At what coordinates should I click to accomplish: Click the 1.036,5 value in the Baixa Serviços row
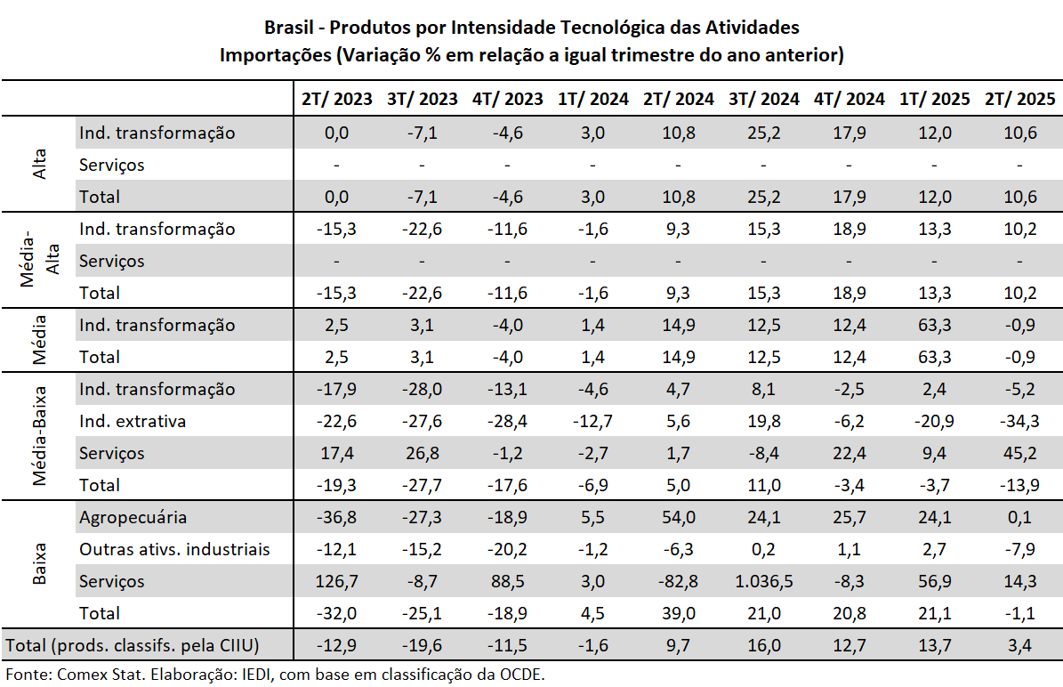[x=763, y=581]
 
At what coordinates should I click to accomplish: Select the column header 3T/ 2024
[x=763, y=99]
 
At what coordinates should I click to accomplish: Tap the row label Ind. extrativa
[x=133, y=421]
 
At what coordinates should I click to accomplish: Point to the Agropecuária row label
[x=133, y=517]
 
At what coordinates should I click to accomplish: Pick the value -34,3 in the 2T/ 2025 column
[x=1019, y=421]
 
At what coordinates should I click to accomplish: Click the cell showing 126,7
[x=336, y=581]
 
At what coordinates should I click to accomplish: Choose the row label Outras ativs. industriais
[x=174, y=549]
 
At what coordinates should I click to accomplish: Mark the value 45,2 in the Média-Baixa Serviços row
[x=1019, y=453]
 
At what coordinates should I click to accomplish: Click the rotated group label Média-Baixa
[x=40, y=436]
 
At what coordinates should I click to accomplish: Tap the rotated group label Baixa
[x=40, y=564]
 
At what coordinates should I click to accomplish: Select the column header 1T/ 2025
[x=934, y=99]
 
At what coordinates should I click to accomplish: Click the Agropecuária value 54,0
[x=678, y=517]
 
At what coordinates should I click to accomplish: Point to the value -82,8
[x=678, y=581]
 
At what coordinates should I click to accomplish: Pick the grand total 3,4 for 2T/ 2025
[x=1019, y=645]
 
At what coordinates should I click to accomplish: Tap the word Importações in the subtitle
[x=274, y=55]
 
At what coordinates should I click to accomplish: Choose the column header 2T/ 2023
[x=336, y=99]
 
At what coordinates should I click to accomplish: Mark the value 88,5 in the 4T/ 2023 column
[x=507, y=581]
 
